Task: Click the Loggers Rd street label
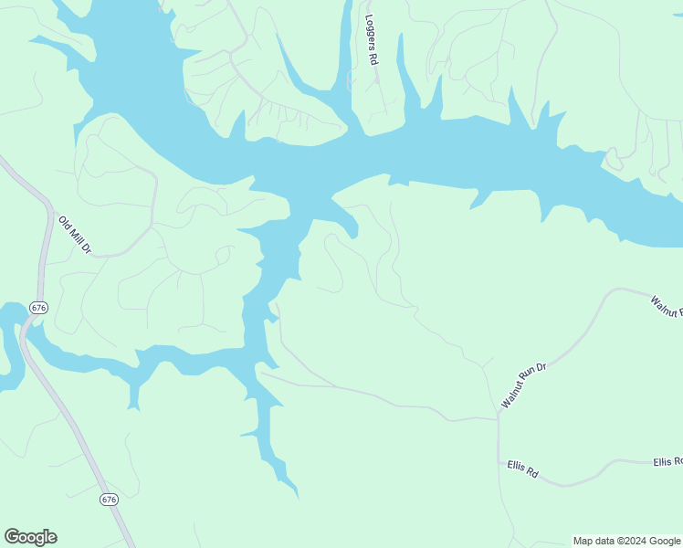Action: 372,39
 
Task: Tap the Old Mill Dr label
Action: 76,235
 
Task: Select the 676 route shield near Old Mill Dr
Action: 38,308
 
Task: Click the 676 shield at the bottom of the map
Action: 110,500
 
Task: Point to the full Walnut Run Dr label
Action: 523,385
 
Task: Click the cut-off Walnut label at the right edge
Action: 667,306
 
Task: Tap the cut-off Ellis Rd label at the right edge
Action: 668,462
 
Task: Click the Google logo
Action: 30,537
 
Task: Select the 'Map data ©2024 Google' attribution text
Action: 625,541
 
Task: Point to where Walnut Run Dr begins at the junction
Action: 499,416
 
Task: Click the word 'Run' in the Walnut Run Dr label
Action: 525,384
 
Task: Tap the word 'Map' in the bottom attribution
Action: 583,541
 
